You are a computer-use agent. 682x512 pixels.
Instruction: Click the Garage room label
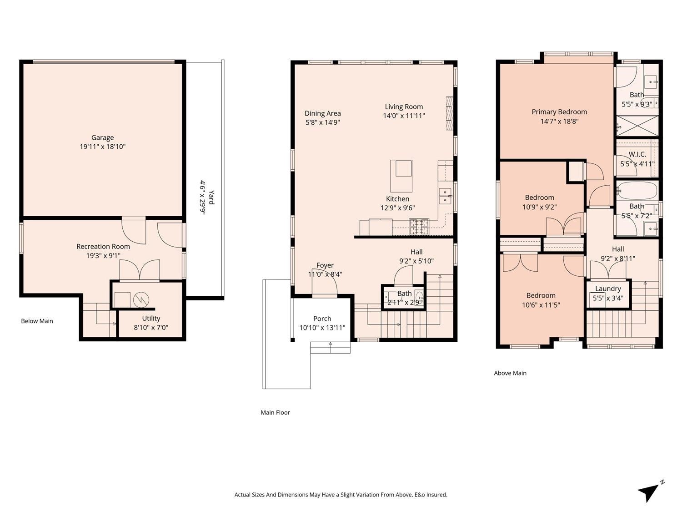click(103, 137)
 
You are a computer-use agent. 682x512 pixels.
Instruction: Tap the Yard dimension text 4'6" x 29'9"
click(202, 198)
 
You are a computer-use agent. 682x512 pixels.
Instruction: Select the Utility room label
click(151, 318)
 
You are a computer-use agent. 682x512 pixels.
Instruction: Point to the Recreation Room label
click(103, 247)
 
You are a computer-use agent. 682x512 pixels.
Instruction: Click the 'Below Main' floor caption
click(37, 321)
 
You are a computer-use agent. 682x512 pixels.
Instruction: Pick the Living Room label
click(404, 107)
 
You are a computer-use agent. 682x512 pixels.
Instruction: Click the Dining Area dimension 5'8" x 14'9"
click(323, 122)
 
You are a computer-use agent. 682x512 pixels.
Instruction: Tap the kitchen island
click(401, 176)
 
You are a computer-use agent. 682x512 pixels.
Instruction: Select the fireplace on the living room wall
click(450, 113)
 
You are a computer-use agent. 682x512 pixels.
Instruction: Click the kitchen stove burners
click(419, 227)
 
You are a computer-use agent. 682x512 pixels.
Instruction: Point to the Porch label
click(322, 319)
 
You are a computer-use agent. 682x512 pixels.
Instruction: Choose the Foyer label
click(325, 265)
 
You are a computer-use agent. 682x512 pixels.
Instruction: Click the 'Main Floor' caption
click(275, 412)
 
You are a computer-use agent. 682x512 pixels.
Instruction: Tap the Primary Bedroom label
click(559, 112)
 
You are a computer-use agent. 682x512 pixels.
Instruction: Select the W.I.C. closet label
click(637, 154)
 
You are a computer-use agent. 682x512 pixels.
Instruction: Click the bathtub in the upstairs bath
click(637, 191)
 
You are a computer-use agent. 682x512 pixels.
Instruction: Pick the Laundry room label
click(608, 289)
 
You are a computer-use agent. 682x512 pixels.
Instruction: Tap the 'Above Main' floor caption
click(510, 373)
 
